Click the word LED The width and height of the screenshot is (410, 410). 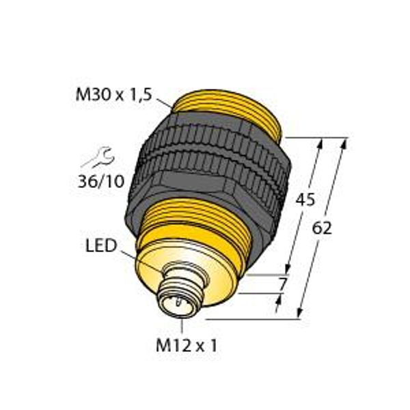[100, 244]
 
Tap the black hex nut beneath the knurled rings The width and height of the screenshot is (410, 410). [205, 195]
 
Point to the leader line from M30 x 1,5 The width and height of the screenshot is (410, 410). [163, 103]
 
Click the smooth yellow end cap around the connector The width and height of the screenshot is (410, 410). [205, 273]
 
